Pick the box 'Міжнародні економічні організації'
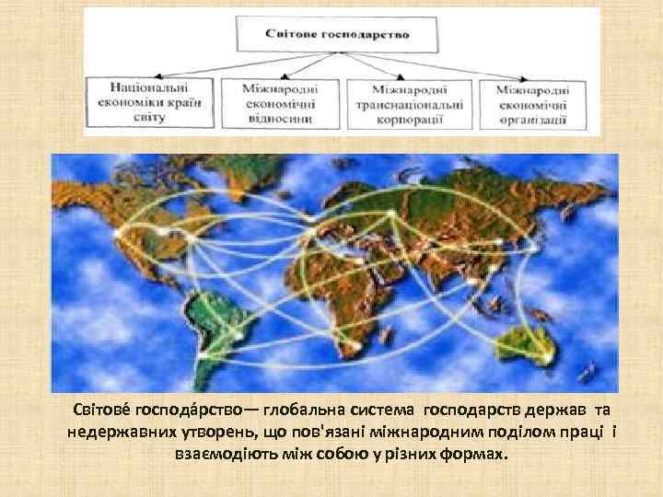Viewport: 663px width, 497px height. tap(531, 104)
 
